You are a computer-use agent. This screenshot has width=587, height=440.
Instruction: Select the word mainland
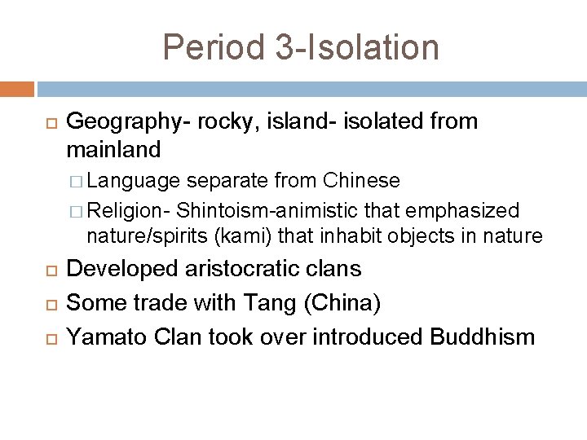click(113, 150)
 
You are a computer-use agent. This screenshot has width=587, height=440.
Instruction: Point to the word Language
click(135, 180)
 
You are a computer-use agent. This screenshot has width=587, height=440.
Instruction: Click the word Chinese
click(361, 180)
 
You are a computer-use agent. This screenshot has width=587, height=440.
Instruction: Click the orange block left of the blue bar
click(17, 89)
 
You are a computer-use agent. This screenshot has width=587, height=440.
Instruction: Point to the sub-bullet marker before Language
click(77, 181)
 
